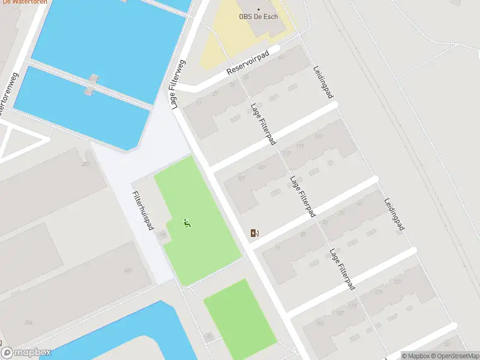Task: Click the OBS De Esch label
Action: coord(259,17)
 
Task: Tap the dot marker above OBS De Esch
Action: coord(259,9)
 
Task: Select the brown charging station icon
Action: coord(255,233)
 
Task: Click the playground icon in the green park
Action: coord(187,223)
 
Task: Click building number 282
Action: coord(85,163)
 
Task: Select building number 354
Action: coord(28,322)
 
